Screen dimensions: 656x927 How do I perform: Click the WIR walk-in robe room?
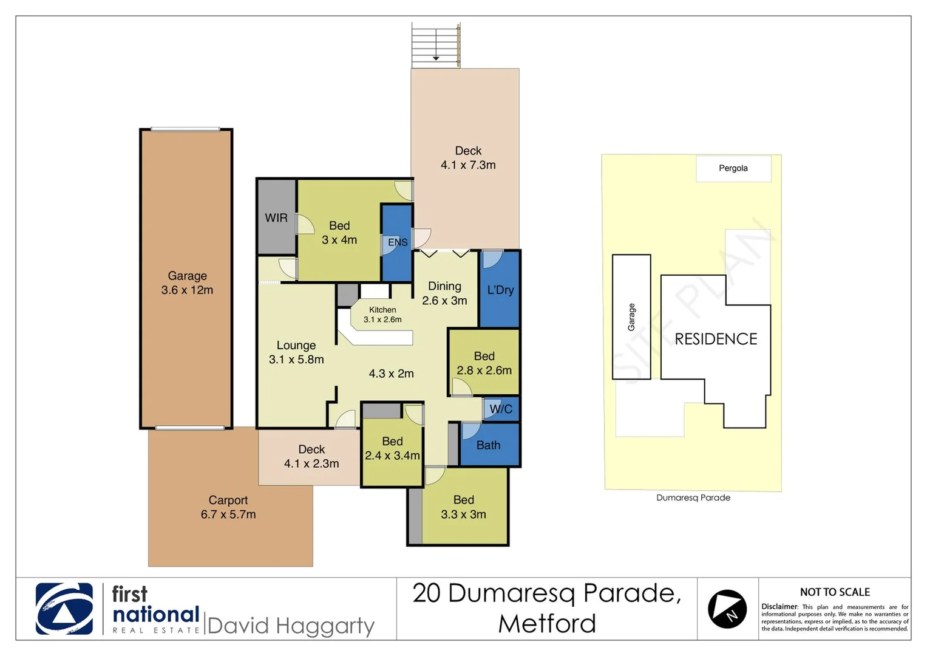[x=276, y=217]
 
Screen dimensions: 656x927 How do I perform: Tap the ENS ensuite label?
[x=398, y=242]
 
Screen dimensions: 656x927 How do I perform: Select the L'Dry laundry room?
[x=500, y=290]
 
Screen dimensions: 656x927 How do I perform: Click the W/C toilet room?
[x=501, y=409]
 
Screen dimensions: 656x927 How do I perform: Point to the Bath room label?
[x=488, y=445]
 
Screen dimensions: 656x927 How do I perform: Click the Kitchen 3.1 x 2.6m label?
[x=382, y=314]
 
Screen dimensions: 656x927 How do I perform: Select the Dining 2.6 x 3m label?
[x=444, y=293]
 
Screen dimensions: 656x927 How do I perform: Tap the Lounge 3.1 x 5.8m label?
[x=296, y=352]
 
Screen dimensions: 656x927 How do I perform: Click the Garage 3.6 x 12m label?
[x=187, y=282]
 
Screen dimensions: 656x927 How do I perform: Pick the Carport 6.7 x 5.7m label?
[x=228, y=507]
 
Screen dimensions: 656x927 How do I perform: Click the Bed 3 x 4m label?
[x=339, y=233]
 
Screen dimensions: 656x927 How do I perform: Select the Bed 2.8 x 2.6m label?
[x=484, y=363]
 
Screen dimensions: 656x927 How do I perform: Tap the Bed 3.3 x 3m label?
[x=463, y=507]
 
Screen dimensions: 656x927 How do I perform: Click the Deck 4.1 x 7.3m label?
[x=468, y=157]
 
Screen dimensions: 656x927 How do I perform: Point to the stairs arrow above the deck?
[x=436, y=57]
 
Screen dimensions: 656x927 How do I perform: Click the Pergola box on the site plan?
[x=733, y=168]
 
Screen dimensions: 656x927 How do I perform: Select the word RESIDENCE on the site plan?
[x=716, y=339]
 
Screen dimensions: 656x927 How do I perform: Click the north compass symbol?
[x=727, y=609]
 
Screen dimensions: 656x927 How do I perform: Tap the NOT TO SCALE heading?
[x=835, y=592]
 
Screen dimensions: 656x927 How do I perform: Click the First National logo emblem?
[x=64, y=609]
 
